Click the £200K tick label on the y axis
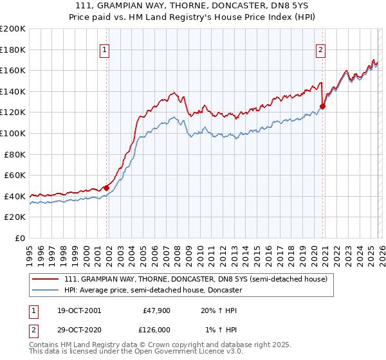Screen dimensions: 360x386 tap(13, 29)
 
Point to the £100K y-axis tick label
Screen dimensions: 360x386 tap(13, 133)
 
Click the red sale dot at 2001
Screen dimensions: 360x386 tap(107, 188)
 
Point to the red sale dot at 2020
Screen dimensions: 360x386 tap(323, 107)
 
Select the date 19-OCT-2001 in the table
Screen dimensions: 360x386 tap(75, 310)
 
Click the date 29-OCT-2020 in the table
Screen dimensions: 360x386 tap(75, 330)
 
